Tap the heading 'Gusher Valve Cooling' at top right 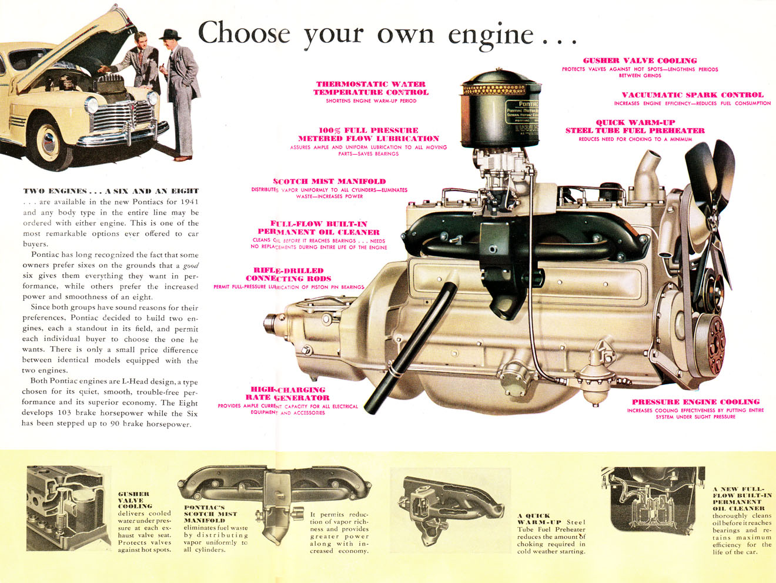pos(640,61)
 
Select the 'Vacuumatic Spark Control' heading pos(693,95)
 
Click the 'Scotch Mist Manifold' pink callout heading pos(329,182)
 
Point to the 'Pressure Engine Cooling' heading pos(695,402)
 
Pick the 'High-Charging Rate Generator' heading pos(288,394)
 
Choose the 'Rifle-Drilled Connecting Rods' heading pos(288,274)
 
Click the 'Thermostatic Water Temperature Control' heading pos(370,88)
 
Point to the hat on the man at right pos(170,33)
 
